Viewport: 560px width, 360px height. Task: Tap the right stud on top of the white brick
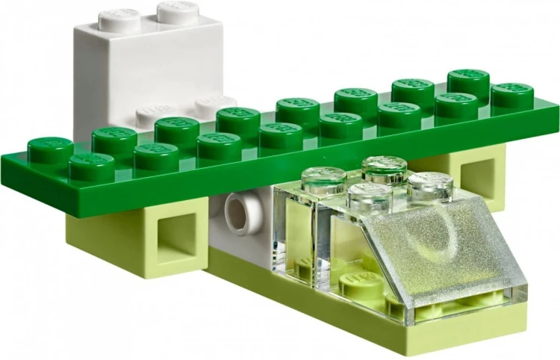click(178, 11)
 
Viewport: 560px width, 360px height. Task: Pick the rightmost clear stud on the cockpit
click(429, 186)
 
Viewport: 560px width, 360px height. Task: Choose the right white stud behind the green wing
click(215, 105)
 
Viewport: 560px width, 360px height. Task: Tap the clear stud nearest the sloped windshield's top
click(429, 186)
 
